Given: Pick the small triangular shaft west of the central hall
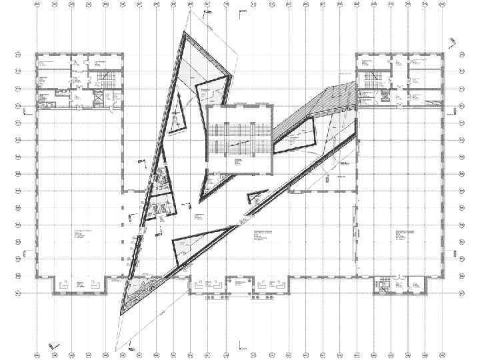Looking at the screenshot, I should click(177, 121).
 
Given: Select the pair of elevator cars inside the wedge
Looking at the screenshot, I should click(160, 209).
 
